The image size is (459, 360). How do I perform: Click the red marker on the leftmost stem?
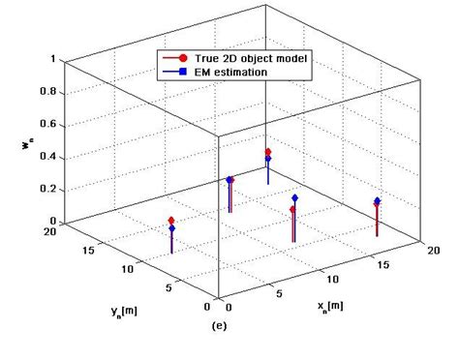click(x=171, y=221)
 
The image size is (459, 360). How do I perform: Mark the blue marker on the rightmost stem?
click(x=378, y=201)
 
